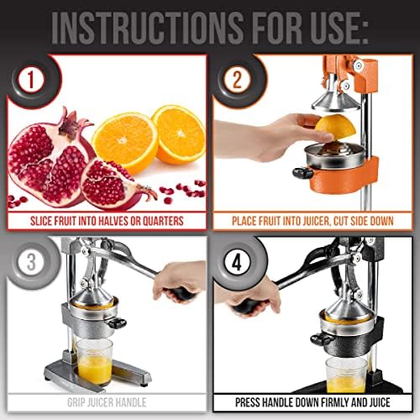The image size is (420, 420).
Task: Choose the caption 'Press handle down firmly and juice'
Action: [315, 402]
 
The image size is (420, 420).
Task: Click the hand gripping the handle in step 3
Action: [181, 282]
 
